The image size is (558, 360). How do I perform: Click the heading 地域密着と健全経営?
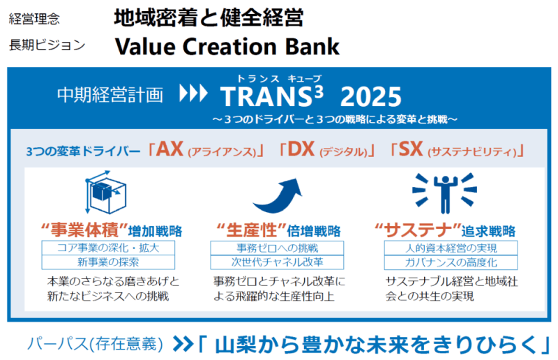pyautogui.click(x=209, y=17)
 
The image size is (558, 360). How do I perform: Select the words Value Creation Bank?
pyautogui.click(x=227, y=47)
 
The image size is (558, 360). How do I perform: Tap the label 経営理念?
pyautogui.click(x=34, y=19)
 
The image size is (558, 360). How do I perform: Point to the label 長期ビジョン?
pyautogui.click(x=47, y=45)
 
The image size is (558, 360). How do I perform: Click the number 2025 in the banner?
pyautogui.click(x=371, y=97)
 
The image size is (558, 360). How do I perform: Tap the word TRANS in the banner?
pyautogui.click(x=266, y=97)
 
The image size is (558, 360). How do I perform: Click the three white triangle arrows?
pyautogui.click(x=193, y=93)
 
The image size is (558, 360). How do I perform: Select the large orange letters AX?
pyautogui.click(x=169, y=149)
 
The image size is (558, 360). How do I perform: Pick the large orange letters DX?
pyautogui.click(x=301, y=149)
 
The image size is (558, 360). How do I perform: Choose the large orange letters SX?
pyautogui.click(x=411, y=149)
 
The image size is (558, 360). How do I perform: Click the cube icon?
pyautogui.click(x=106, y=193)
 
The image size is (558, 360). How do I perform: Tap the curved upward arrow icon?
pyautogui.click(x=278, y=195)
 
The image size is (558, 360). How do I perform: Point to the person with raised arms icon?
pyautogui.click(x=444, y=193)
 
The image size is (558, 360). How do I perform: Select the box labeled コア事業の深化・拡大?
pyautogui.click(x=108, y=248)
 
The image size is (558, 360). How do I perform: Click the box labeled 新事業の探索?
pyautogui.click(x=108, y=262)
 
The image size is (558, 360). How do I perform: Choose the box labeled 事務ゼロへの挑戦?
pyautogui.click(x=277, y=248)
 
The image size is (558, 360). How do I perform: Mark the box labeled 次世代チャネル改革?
pyautogui.click(x=277, y=262)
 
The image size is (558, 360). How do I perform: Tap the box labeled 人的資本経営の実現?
pyautogui.click(x=451, y=248)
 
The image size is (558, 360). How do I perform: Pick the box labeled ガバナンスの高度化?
pyautogui.click(x=451, y=262)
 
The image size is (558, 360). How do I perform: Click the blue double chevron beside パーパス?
pyautogui.click(x=183, y=345)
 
